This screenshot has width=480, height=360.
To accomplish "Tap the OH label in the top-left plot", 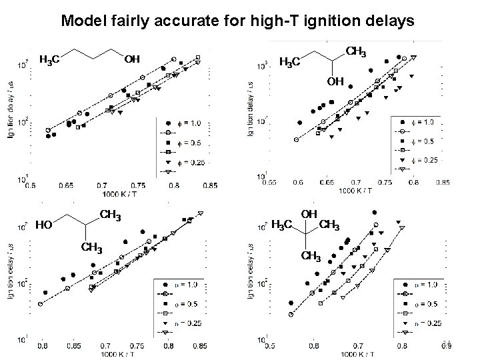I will (x=133, y=60).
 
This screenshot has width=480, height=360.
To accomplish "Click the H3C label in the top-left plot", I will (x=51, y=61).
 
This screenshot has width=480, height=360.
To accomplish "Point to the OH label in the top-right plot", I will (x=335, y=81).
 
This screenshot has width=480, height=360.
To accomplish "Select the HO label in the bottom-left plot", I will (x=45, y=224).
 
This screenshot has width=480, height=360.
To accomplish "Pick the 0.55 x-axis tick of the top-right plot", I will (x=269, y=181).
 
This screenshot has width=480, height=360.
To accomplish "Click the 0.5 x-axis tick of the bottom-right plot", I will (x=269, y=346).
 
